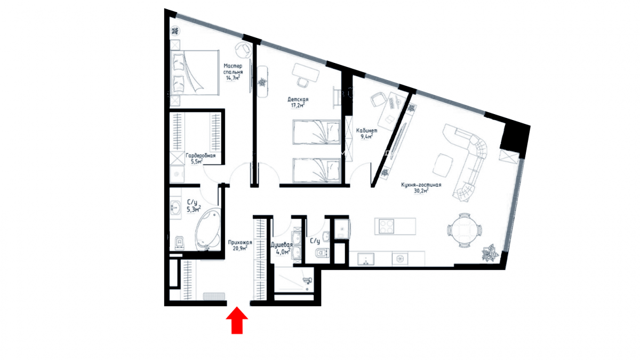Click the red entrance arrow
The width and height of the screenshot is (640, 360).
click(x=237, y=320)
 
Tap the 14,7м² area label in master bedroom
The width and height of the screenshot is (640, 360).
click(x=233, y=78)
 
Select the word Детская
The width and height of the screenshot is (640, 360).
click(x=298, y=99)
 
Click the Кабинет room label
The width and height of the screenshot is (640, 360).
click(x=366, y=131)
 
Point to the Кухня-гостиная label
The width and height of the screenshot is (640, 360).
click(x=421, y=185)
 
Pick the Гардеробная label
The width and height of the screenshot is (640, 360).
click(x=201, y=156)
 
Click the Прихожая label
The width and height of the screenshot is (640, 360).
click(x=240, y=243)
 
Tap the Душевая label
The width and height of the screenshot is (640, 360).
click(x=282, y=245)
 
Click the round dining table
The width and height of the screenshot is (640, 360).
click(x=465, y=230)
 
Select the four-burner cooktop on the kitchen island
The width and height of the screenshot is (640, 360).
click(x=386, y=227)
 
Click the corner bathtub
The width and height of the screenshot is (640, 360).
click(x=208, y=229)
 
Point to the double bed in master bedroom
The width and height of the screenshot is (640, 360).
click(x=195, y=73)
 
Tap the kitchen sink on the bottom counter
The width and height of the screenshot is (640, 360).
click(x=366, y=259)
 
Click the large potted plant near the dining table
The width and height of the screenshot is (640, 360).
click(x=490, y=253)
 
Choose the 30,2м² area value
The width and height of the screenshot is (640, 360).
click(x=421, y=190)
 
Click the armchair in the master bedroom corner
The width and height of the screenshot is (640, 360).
click(x=243, y=50)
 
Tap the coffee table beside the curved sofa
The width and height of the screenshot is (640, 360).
click(x=443, y=165)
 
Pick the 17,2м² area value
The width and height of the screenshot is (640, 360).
click(x=298, y=106)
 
